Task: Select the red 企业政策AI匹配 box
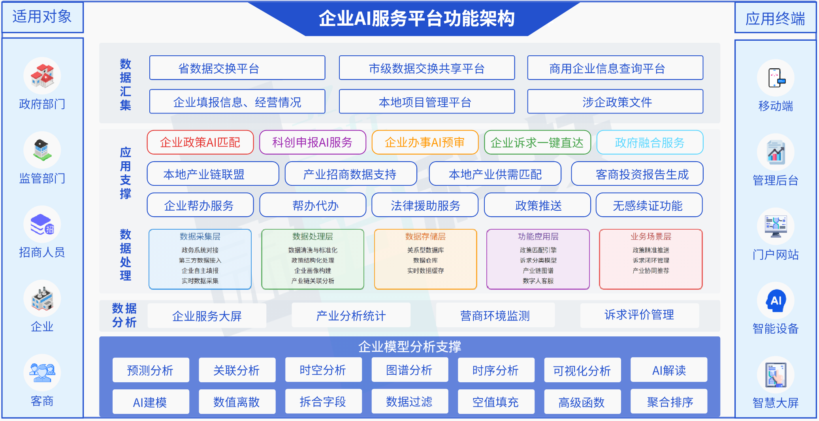coord(200,142)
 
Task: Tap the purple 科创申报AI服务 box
coord(313,142)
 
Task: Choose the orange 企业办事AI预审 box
coord(425,142)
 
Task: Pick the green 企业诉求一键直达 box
coord(537,142)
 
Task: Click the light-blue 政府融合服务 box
coord(650,142)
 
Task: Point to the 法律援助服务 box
coord(425,205)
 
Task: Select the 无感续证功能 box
coord(648,205)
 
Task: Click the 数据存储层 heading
coord(425,236)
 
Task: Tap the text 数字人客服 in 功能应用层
coord(538,281)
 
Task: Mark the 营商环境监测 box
coord(495,315)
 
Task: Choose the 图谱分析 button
coord(409,370)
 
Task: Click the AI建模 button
coord(150,402)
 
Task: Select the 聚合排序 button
coord(669,402)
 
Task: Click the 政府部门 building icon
coord(42,76)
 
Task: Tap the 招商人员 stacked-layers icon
coord(42,224)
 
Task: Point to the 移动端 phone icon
coord(776,78)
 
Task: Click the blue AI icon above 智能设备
coord(776,300)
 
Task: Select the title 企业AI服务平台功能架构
coord(416,19)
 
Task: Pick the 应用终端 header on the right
coord(775,18)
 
